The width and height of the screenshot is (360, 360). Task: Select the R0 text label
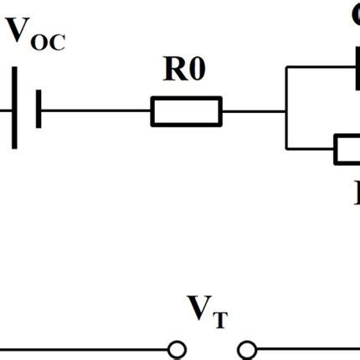point(184,70)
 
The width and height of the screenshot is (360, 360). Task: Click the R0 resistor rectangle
point(186,111)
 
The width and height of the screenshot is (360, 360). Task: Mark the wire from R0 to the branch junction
point(253,111)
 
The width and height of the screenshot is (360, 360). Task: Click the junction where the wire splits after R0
point(285,111)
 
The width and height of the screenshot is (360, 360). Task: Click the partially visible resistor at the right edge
point(347,149)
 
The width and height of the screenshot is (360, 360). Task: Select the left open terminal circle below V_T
point(176,348)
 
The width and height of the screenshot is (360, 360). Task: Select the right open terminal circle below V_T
point(246,348)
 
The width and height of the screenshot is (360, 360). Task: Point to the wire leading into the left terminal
point(84,348)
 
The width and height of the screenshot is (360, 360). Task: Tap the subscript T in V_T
point(219,319)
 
